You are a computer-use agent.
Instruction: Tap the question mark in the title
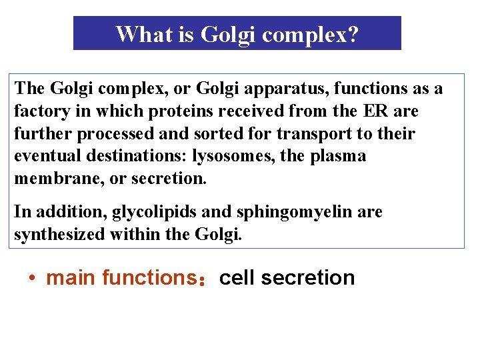coord(352,34)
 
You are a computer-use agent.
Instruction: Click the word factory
coord(41,111)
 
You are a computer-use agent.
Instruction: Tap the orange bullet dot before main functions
coord(32,278)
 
